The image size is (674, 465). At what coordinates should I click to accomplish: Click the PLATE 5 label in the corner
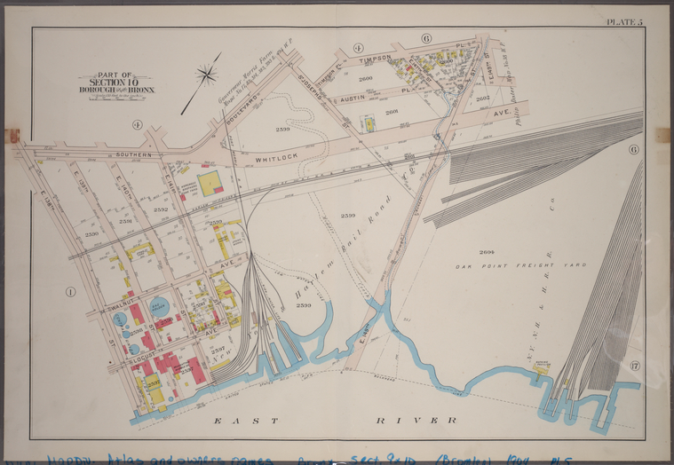tap(624, 21)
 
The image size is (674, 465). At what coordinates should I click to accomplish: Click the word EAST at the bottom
tap(245, 419)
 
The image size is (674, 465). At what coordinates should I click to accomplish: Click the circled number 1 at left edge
tap(70, 290)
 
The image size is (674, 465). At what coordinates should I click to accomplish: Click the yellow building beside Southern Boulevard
tap(210, 184)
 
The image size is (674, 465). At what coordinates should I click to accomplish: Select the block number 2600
tap(364, 78)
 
